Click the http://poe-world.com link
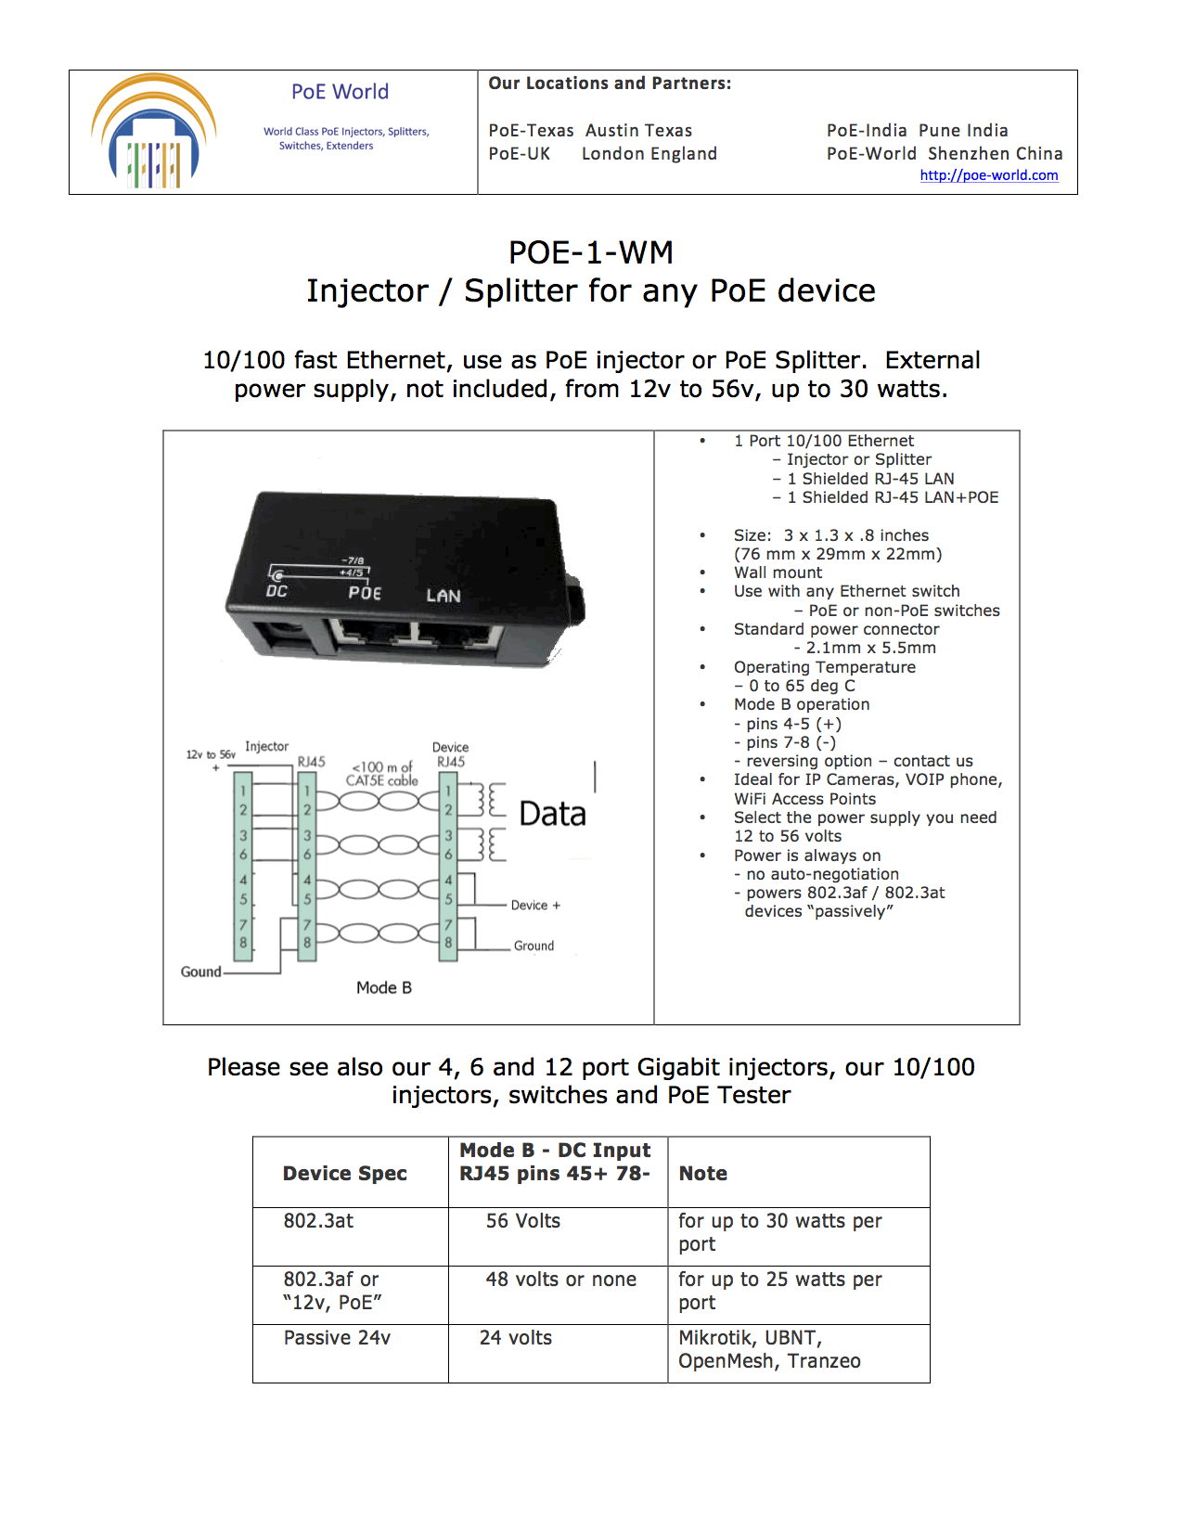[988, 175]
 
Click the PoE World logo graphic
[154, 133]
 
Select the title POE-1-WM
[591, 252]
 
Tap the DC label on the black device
[276, 591]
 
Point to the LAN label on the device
[443, 596]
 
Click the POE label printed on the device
[365, 593]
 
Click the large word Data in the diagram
[552, 814]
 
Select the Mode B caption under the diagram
[383, 987]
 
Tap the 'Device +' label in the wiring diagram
[535, 906]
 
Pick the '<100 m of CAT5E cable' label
[382, 774]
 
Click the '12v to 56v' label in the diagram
[211, 754]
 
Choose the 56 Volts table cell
[523, 1221]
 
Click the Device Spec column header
[344, 1173]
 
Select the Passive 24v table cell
[337, 1338]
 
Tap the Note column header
[702, 1173]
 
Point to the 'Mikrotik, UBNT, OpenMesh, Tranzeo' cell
[769, 1349]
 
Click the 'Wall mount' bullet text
[778, 573]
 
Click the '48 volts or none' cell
[560, 1280]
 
